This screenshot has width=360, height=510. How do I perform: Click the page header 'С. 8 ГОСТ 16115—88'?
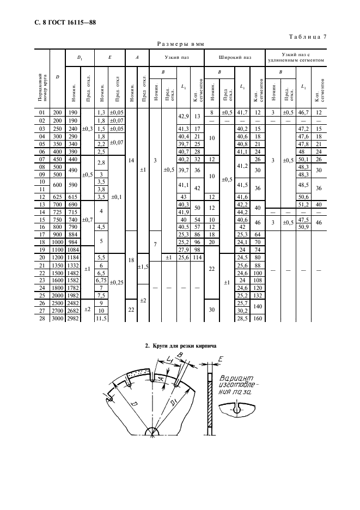(52, 22)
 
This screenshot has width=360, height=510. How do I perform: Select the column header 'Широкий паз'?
(234, 56)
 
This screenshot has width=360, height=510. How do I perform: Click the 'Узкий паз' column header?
(175, 56)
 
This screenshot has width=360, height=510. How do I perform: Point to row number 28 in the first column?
(41, 318)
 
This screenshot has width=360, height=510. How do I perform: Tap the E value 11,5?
(100, 318)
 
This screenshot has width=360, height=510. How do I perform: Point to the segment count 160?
(257, 318)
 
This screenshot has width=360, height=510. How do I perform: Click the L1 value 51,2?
(301, 204)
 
